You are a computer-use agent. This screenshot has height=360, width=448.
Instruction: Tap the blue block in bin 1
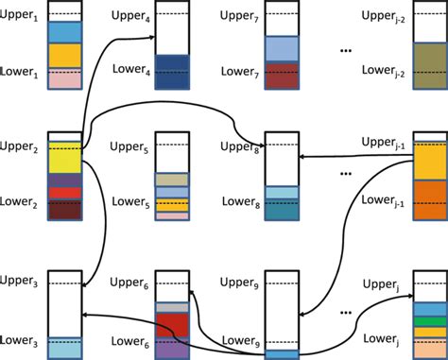(64, 33)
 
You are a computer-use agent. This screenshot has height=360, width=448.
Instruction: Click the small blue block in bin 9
(282, 354)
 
